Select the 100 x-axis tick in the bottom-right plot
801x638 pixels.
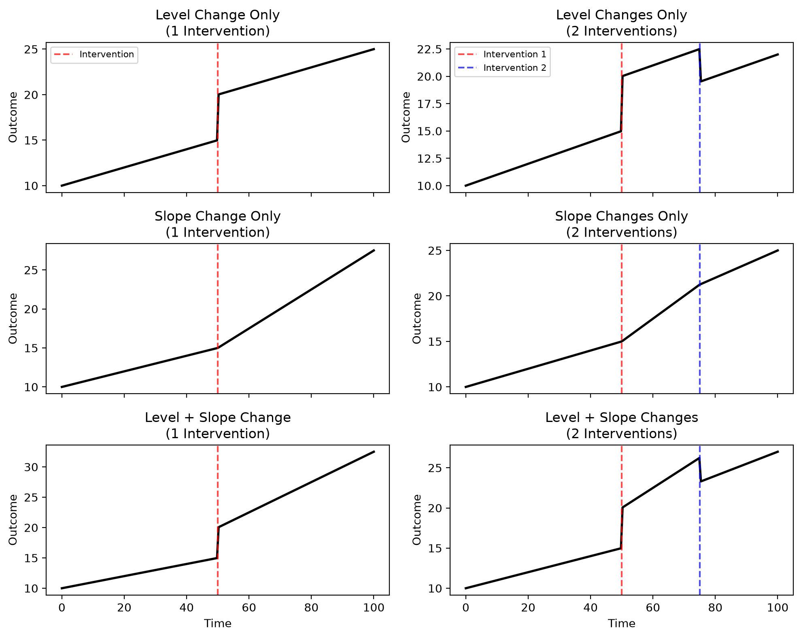click(777, 607)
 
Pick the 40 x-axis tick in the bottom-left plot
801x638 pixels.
click(186, 607)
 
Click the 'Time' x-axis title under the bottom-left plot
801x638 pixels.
click(218, 623)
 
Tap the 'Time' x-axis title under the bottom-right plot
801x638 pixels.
click(621, 623)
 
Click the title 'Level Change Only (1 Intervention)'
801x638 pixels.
click(218, 23)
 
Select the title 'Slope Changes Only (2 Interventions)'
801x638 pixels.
click(621, 224)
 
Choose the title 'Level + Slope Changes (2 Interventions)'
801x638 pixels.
click(621, 425)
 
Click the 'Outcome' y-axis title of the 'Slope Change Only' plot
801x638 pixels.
click(13, 318)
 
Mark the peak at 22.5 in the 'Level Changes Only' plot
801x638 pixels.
click(699, 49)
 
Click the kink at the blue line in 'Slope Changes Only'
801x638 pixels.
click(700, 284)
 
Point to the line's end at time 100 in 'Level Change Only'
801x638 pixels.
click(374, 49)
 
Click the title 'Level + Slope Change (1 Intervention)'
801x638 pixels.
click(218, 425)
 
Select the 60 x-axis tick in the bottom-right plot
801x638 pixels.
click(653, 607)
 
